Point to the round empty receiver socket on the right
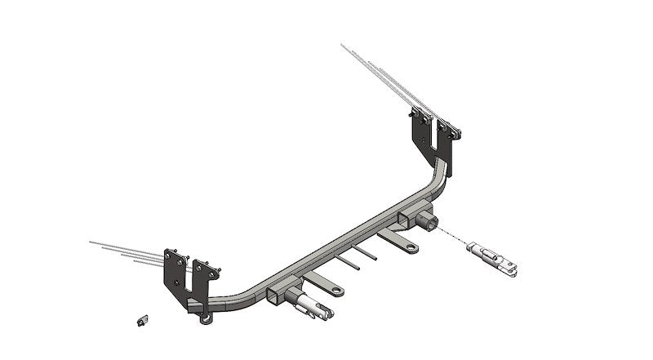(x=428, y=220)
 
